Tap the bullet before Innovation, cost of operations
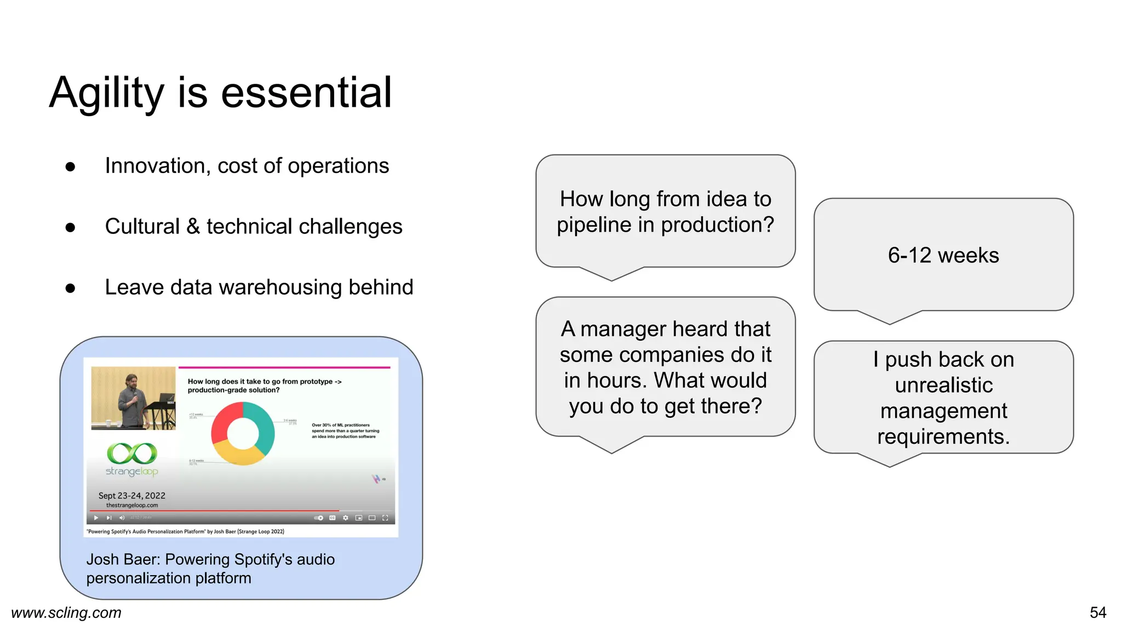(x=70, y=167)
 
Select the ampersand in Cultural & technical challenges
(x=193, y=227)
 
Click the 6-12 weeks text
(x=943, y=255)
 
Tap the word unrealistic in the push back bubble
(x=943, y=385)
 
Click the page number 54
(x=1097, y=612)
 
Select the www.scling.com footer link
(x=66, y=612)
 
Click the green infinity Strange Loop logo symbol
(x=132, y=454)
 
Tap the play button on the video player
(x=96, y=518)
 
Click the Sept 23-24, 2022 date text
(x=131, y=495)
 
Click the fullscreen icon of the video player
(x=385, y=518)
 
